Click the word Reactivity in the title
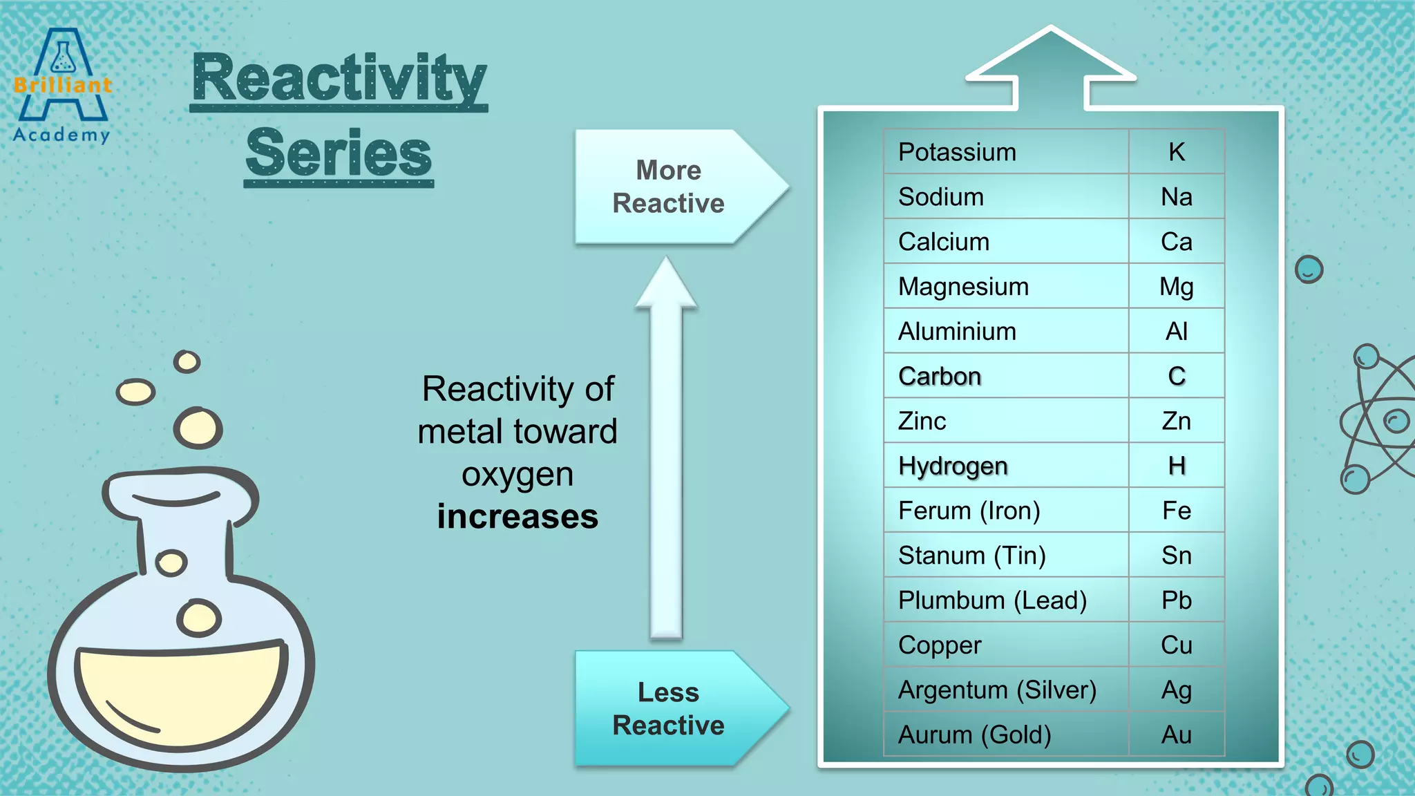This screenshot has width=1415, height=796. click(x=339, y=79)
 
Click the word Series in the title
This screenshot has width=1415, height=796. click(x=339, y=153)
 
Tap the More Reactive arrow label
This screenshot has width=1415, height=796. click(x=667, y=187)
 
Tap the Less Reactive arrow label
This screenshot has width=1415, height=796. click(x=667, y=708)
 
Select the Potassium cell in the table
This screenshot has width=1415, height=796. click(x=957, y=152)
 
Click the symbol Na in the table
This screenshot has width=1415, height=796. click(x=1176, y=197)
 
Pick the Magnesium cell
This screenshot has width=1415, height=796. click(x=963, y=287)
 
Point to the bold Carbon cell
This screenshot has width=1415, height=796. click(x=940, y=377)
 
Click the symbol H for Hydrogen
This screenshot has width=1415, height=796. click(x=1177, y=466)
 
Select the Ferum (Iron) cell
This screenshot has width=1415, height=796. click(x=969, y=511)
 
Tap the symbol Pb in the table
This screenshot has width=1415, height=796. click(x=1176, y=600)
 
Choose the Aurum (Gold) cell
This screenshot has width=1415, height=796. click(x=974, y=735)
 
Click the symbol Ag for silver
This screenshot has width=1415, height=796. click(x=1176, y=690)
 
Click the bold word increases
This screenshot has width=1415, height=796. click(x=517, y=517)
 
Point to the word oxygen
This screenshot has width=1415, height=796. click(x=517, y=475)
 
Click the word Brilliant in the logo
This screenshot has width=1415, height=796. click(x=62, y=85)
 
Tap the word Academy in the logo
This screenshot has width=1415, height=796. click(x=61, y=134)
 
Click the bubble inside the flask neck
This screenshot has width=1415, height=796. click(x=171, y=562)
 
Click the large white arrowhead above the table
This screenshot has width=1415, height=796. click(x=1050, y=59)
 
